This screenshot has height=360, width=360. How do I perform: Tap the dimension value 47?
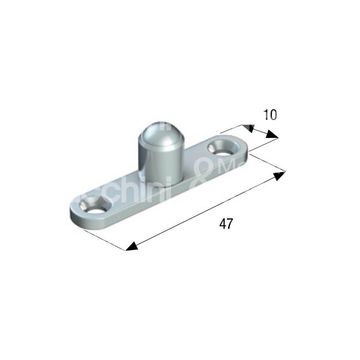click(226, 224)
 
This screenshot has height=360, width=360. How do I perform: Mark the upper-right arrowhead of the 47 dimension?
click(280, 175)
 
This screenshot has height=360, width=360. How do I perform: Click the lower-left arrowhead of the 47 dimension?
click(131, 247)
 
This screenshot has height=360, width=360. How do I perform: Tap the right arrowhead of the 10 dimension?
click(272, 136)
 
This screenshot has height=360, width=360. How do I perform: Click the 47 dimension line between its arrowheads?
click(204, 211)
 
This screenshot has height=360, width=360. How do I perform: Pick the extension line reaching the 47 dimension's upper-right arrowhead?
click(267, 163)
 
